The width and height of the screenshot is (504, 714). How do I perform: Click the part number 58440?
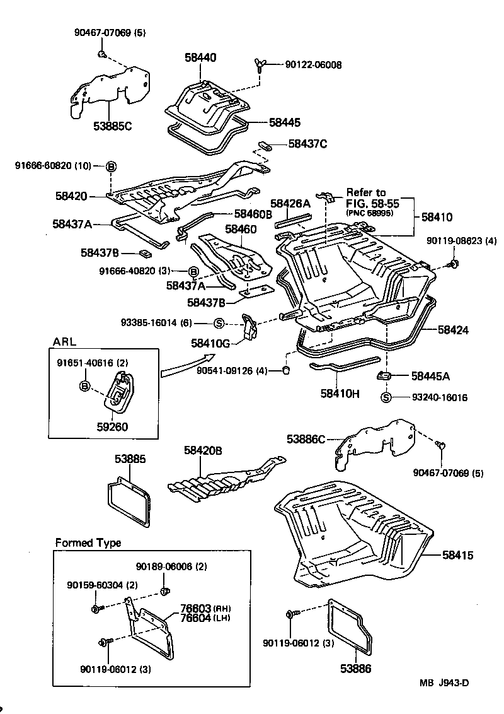coord(200,57)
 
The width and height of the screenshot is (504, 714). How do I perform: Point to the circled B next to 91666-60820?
coord(111,166)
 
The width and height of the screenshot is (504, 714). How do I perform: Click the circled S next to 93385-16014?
coord(219,323)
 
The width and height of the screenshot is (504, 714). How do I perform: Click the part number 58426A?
coord(290,203)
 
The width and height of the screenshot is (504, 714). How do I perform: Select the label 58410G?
coord(210,344)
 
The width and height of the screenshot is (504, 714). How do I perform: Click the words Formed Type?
coord(88,542)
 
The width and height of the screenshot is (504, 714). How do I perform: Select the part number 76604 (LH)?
coord(196,617)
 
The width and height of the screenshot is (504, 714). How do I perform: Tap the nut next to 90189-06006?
coord(165,591)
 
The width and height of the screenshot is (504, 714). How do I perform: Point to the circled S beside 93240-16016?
coord(386,397)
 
